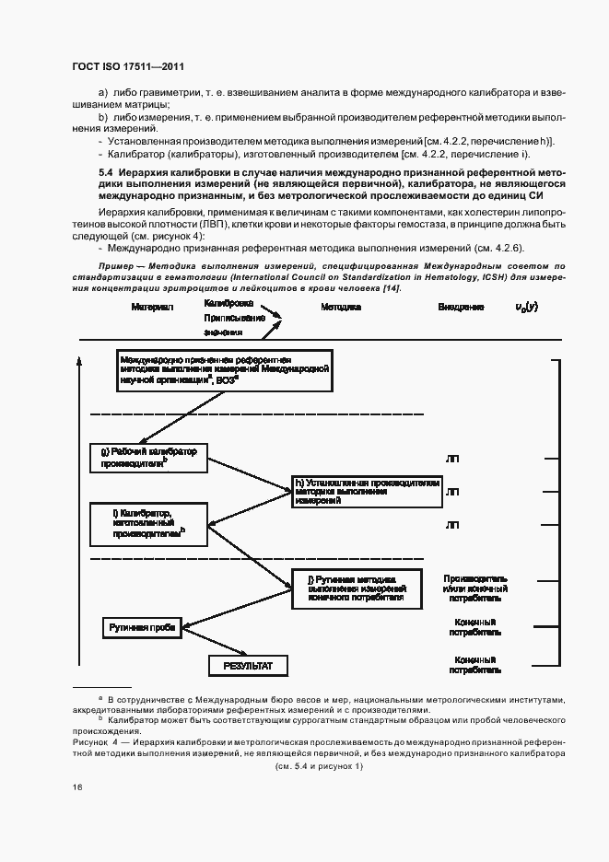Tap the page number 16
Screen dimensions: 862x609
click(x=76, y=786)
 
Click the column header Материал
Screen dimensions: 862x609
click(x=151, y=307)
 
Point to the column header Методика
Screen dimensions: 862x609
click(x=340, y=307)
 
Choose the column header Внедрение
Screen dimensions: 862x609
click(x=461, y=307)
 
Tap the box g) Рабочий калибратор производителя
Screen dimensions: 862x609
click(x=148, y=458)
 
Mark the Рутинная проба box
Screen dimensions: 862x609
click(x=142, y=628)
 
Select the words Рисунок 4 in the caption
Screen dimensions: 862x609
click(x=94, y=740)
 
